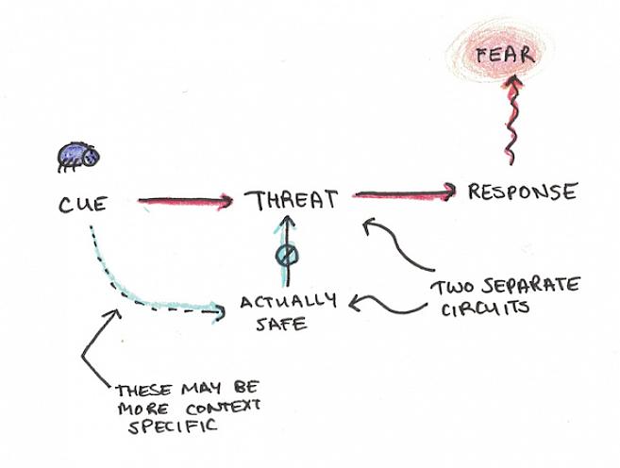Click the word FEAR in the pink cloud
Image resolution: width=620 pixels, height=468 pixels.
[x=505, y=54]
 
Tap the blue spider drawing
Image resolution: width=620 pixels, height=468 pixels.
[x=74, y=156]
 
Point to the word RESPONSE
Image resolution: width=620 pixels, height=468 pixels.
[x=522, y=192]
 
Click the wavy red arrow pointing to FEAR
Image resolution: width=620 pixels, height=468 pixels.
[x=509, y=123]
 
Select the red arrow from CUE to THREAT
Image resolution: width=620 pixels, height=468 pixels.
[x=185, y=200]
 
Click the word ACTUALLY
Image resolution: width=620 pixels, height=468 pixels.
[x=287, y=303]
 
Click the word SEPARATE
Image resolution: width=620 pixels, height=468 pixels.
[x=537, y=287]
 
